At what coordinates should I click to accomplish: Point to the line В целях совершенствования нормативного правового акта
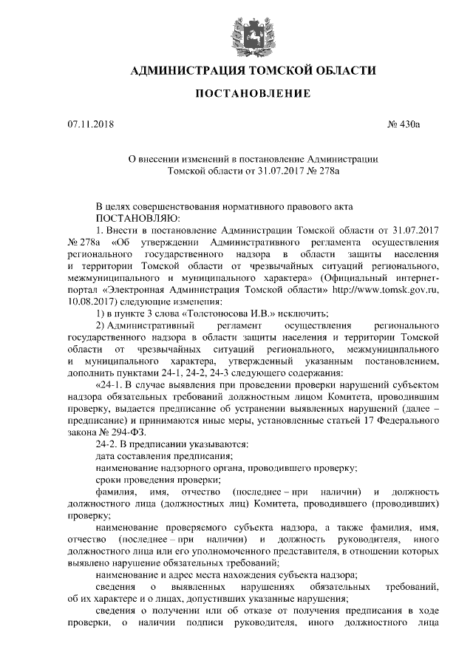pos(228,206)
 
